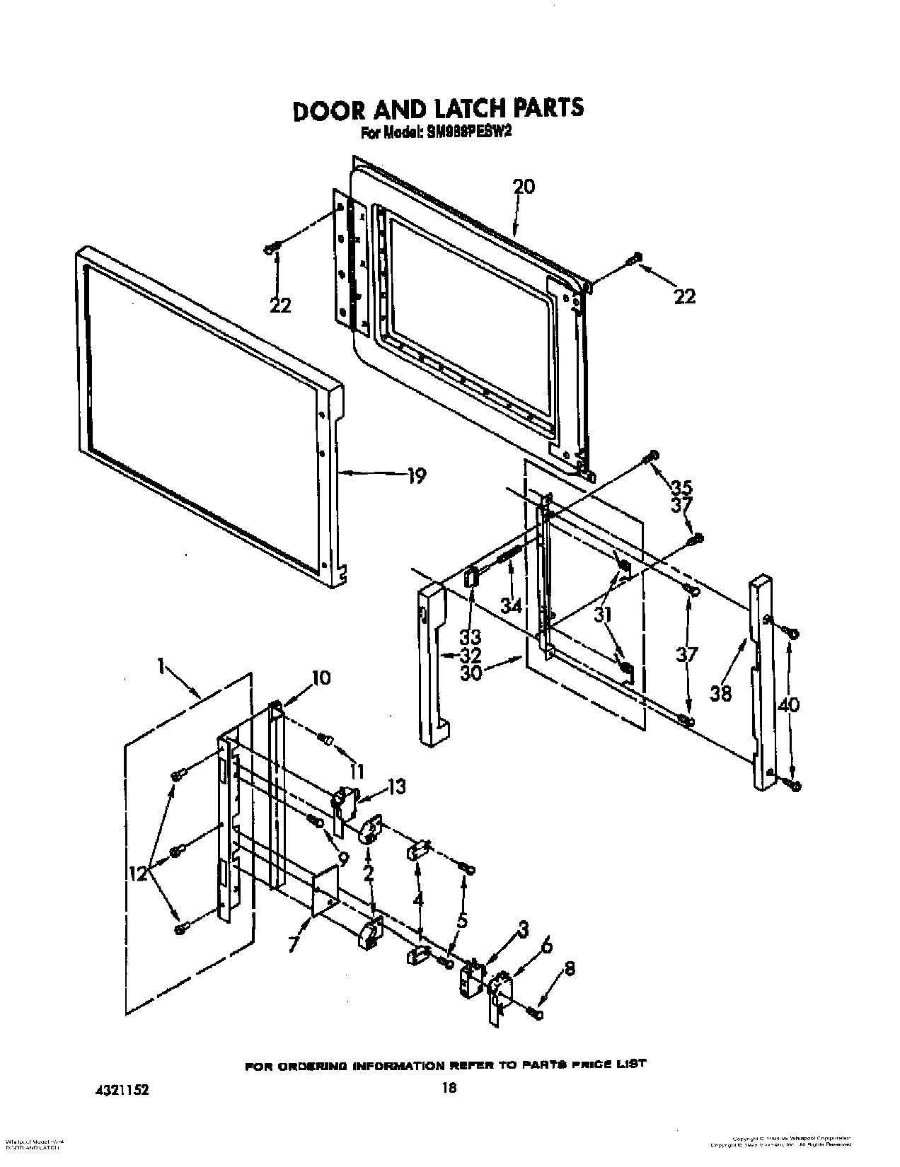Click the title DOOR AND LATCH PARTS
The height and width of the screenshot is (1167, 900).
[x=438, y=108]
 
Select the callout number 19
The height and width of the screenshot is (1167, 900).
[x=417, y=476]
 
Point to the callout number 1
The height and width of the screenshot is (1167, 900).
[x=162, y=666]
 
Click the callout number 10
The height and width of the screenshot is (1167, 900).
[x=321, y=678]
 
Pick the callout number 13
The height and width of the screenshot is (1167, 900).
[x=397, y=786]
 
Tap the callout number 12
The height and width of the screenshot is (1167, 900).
[x=139, y=875]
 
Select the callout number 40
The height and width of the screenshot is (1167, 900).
[x=789, y=704]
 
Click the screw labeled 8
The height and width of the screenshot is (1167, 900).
[x=536, y=1014]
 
